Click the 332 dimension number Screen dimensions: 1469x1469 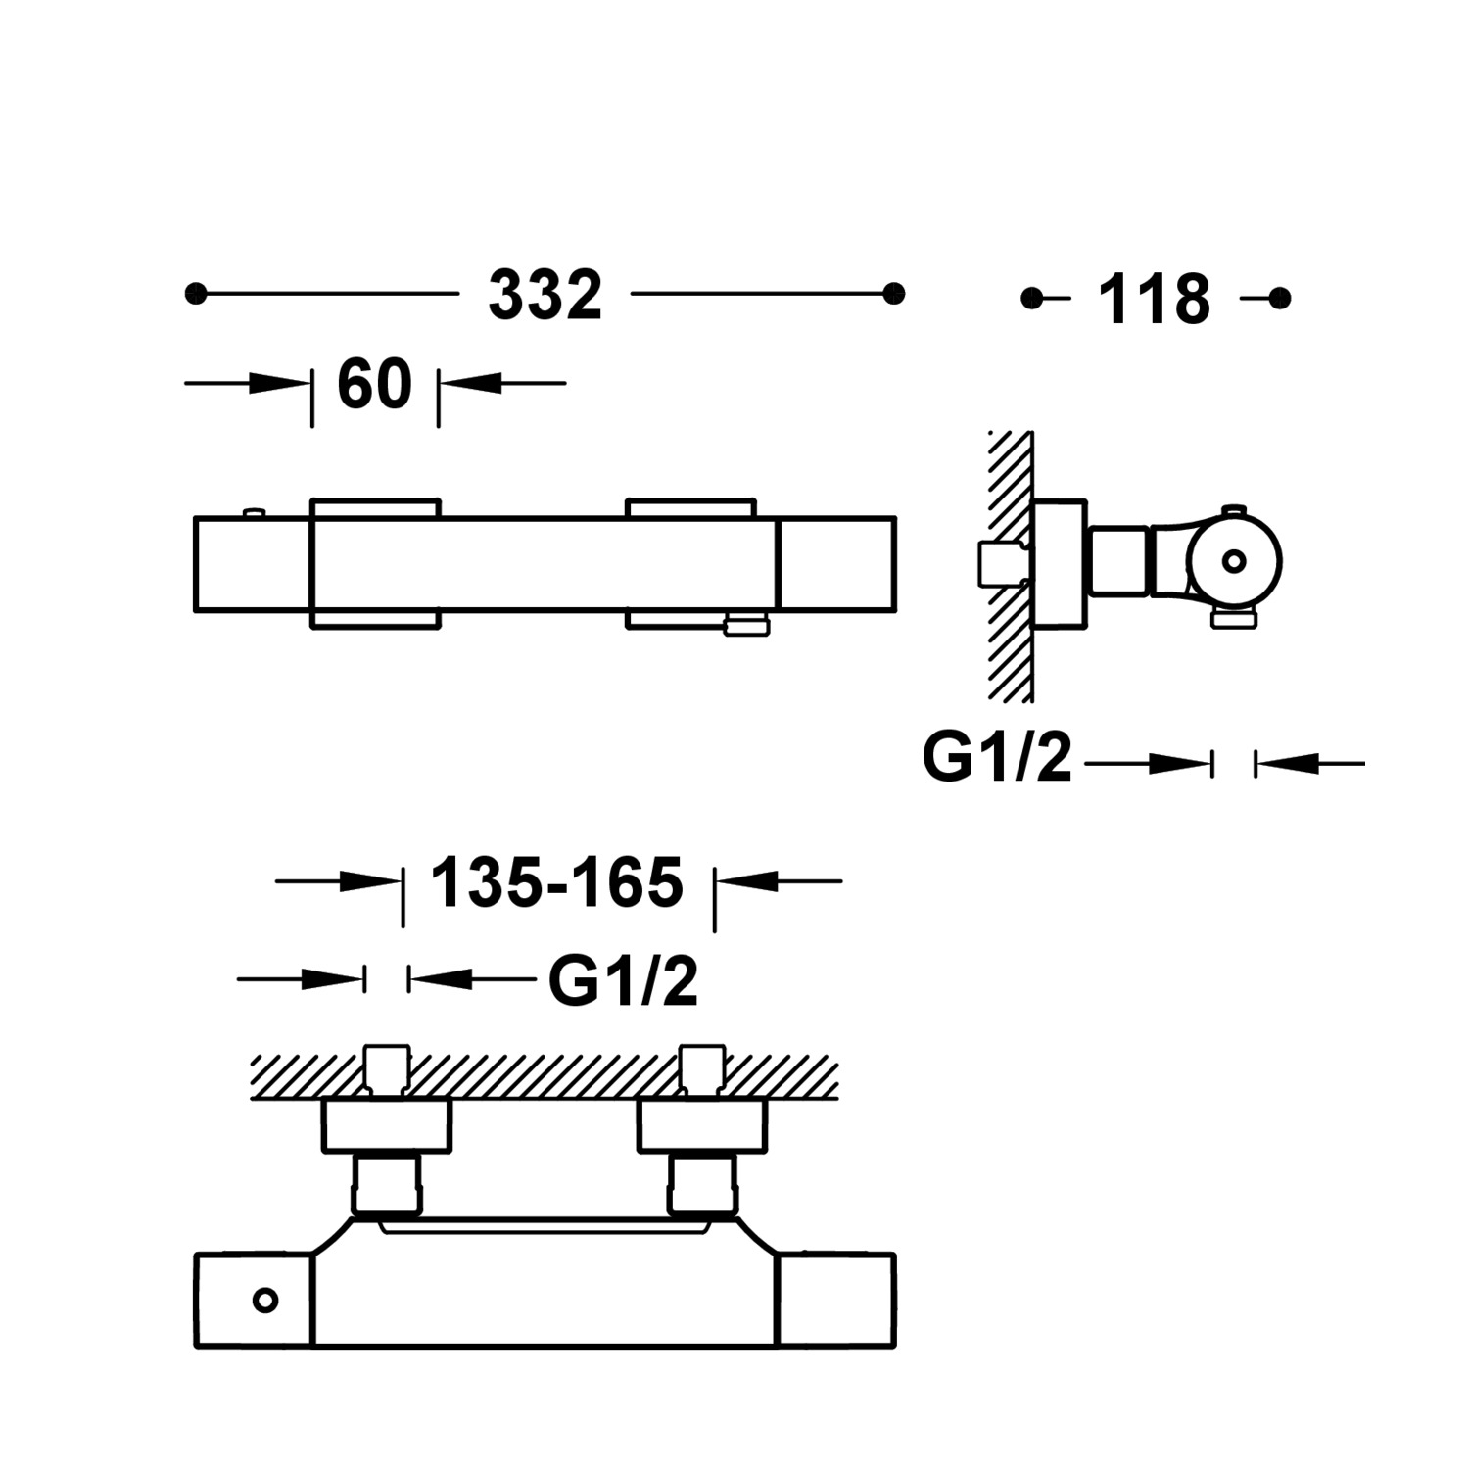tap(545, 296)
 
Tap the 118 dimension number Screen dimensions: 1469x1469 tap(1154, 300)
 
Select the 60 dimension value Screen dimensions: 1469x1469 tap(374, 385)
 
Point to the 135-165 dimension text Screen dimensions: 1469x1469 tap(556, 883)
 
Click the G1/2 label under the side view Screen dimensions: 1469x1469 tap(997, 758)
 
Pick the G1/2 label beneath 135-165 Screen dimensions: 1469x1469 tap(623, 981)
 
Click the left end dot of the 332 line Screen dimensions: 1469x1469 tap(196, 293)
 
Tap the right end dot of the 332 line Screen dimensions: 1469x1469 tap(893, 293)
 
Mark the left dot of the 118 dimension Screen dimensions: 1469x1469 tap(1031, 298)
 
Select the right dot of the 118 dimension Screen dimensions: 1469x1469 tap(1279, 298)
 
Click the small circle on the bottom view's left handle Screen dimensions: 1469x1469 tap(264, 1301)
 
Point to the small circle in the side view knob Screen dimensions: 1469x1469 tap(1234, 561)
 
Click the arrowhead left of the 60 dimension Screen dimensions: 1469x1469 tap(278, 383)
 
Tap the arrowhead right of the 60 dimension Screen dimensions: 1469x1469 tap(472, 383)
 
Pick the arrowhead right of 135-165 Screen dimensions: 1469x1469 tap(748, 881)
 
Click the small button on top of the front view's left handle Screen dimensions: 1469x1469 tap(254, 511)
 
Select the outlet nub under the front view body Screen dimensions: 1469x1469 tap(747, 623)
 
